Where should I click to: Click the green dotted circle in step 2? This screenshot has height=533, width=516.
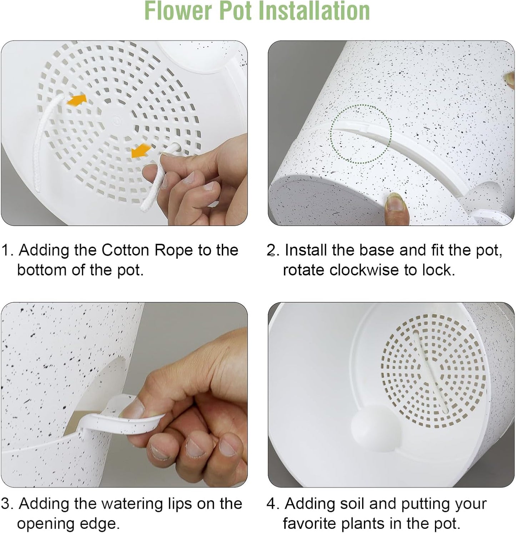(361, 134)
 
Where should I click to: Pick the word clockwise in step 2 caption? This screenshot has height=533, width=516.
(364, 270)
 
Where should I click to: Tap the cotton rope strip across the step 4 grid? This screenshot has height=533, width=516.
(430, 371)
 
